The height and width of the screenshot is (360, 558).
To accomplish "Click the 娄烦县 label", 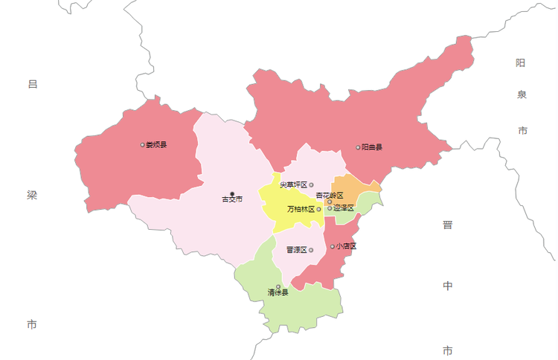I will (x=156, y=144).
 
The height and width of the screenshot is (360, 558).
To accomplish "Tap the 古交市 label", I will (x=232, y=199).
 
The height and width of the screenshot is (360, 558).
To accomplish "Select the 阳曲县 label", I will (x=372, y=147).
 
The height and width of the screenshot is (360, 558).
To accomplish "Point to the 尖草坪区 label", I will (x=294, y=184).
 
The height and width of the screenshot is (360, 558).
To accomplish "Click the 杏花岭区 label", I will (x=330, y=195).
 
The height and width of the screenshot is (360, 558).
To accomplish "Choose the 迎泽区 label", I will (x=344, y=208).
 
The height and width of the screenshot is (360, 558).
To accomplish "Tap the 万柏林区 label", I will (x=301, y=209).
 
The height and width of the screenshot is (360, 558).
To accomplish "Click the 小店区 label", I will (x=346, y=246).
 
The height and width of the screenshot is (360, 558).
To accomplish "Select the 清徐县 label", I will (x=278, y=293).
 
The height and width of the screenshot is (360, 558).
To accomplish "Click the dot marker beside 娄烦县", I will (x=142, y=144).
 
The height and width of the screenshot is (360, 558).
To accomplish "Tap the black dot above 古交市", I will (x=232, y=193).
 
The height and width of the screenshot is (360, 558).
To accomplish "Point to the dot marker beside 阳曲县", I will (x=358, y=147).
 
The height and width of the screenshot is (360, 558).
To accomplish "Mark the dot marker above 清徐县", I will (x=278, y=286).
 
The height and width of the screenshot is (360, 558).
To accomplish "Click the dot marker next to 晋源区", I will (x=311, y=250).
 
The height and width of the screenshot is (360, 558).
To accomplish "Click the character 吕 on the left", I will (x=32, y=84).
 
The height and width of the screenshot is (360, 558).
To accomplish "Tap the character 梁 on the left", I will (x=32, y=196).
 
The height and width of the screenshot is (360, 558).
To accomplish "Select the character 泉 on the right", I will (x=522, y=94).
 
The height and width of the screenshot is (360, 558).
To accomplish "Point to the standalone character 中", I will (x=447, y=286).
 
